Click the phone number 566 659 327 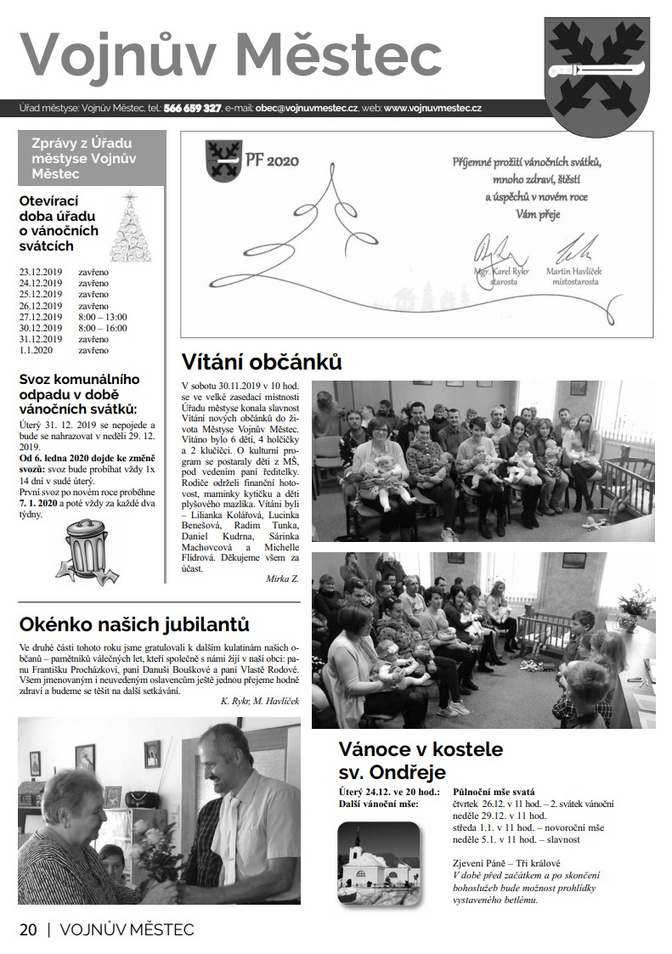pyautogui.click(x=193, y=109)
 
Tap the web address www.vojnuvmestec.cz pyautogui.click(x=433, y=109)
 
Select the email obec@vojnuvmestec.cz pyautogui.click(x=306, y=109)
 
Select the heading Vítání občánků pyautogui.click(x=262, y=363)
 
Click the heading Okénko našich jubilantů pyautogui.click(x=134, y=625)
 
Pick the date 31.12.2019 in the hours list pyautogui.click(x=41, y=339)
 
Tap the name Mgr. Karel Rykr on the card pyautogui.click(x=502, y=271)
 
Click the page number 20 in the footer pyautogui.click(x=28, y=929)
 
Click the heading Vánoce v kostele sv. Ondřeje pyautogui.click(x=421, y=760)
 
